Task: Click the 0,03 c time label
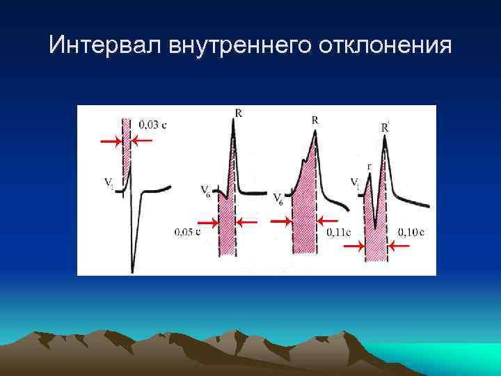pos(152,125)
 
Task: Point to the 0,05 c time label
pos(187,231)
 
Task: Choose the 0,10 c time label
pos(412,231)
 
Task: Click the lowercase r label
pos(369,166)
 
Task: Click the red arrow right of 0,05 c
pos(247,222)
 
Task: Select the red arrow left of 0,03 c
pos(110,141)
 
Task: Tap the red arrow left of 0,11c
pos(280,221)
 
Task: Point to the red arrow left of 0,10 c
pos(353,246)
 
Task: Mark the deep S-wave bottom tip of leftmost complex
pos(132,270)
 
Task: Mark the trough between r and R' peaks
pos(376,227)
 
